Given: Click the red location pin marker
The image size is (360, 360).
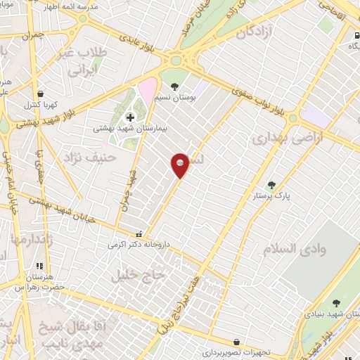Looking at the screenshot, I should [181, 165].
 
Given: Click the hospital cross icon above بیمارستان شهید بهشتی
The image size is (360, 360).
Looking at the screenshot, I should [129, 116].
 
